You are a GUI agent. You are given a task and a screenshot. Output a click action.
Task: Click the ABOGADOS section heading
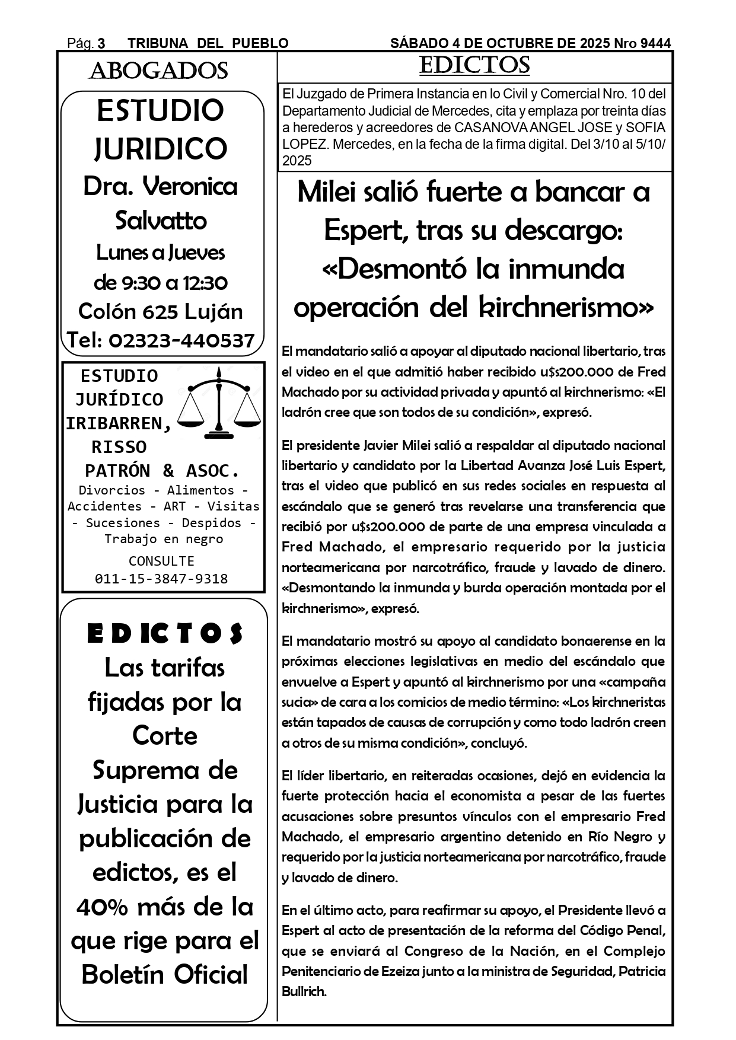158,71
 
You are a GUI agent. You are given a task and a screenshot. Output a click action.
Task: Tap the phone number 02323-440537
182,340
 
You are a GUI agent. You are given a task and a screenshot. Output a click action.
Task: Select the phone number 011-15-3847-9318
161,579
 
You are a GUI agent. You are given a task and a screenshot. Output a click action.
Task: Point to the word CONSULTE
161,561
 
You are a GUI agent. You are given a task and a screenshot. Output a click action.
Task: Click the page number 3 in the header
101,43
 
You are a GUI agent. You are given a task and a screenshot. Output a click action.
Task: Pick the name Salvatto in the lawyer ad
161,221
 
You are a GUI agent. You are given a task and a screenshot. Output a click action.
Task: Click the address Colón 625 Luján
161,311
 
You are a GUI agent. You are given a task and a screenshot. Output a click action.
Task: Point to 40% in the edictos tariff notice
107,907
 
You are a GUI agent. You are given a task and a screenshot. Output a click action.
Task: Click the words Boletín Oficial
164,974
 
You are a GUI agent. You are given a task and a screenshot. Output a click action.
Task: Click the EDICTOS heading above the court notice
474,66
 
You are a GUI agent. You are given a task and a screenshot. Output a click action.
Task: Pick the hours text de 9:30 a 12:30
161,283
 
